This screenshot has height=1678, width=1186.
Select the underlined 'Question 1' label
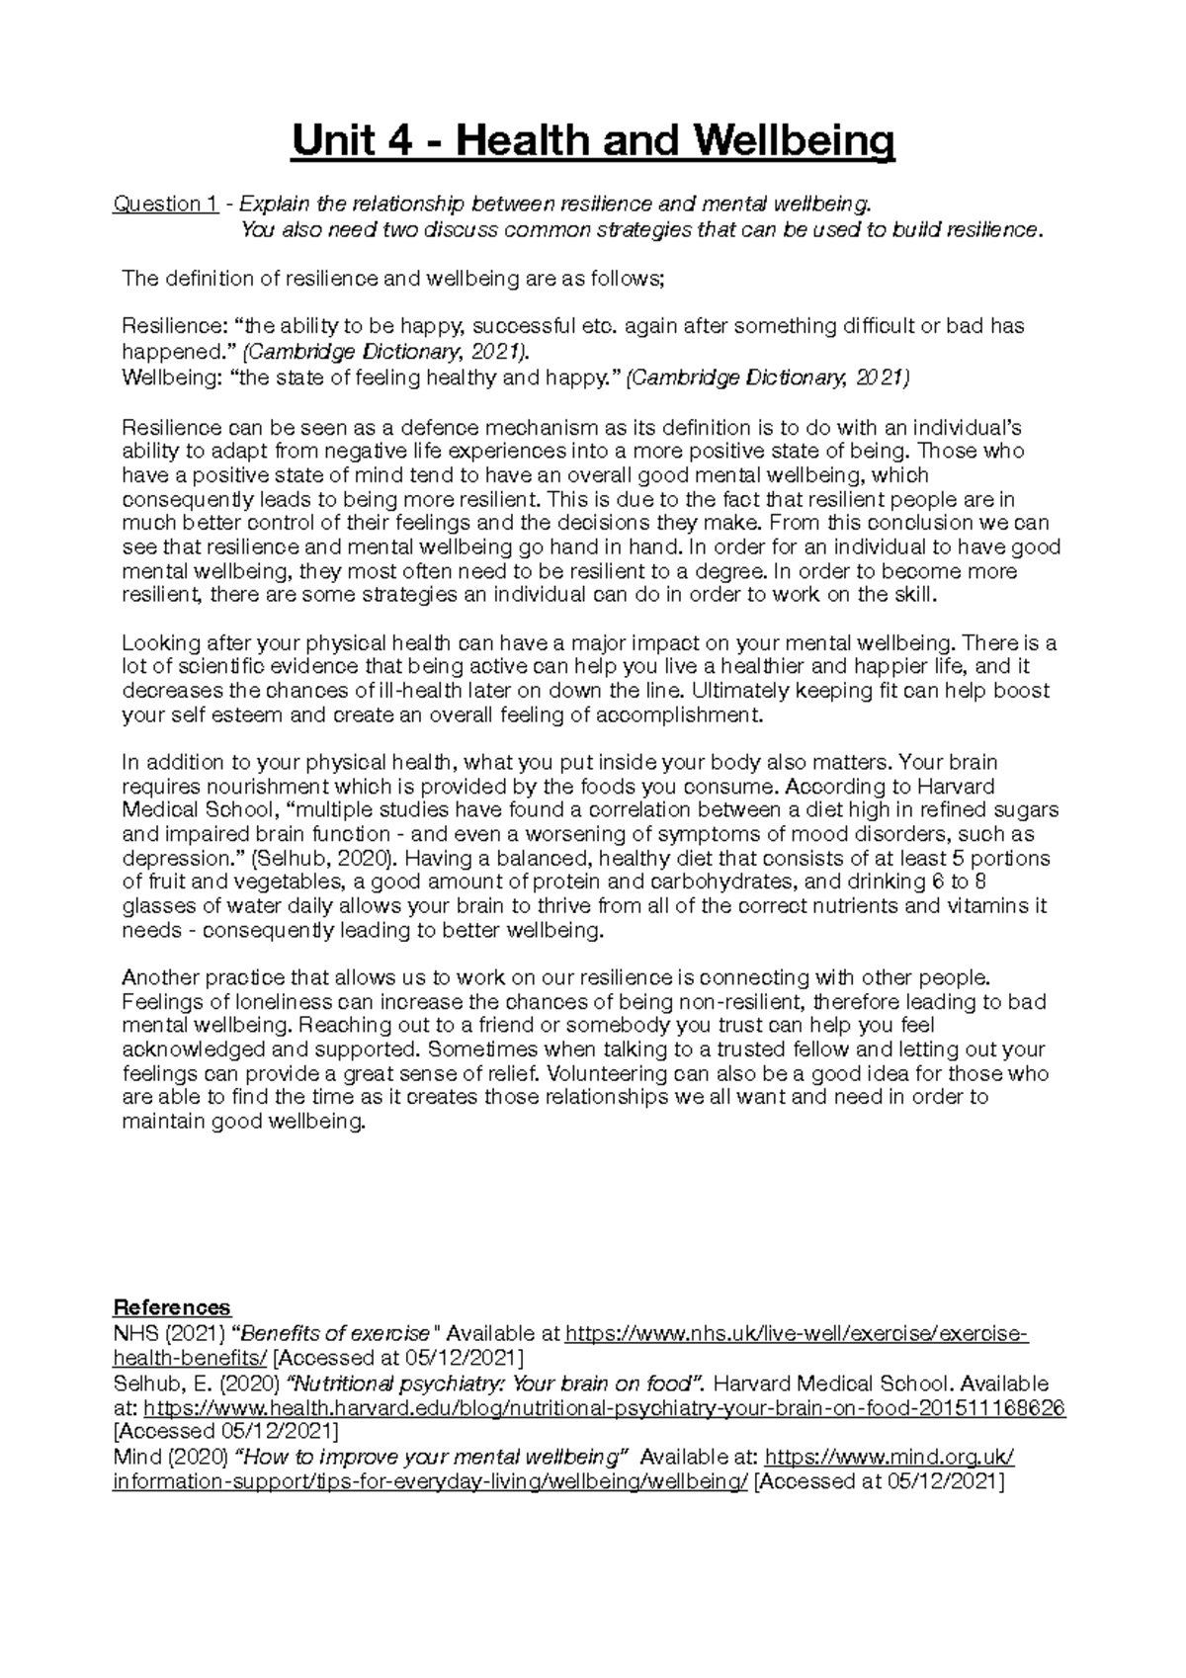pyautogui.click(x=165, y=204)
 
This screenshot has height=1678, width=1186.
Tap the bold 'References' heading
pyautogui.click(x=172, y=1306)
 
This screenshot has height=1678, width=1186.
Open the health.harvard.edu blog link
pyautogui.click(x=605, y=1408)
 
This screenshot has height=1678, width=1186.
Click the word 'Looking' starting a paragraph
pyautogui.click(x=156, y=643)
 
